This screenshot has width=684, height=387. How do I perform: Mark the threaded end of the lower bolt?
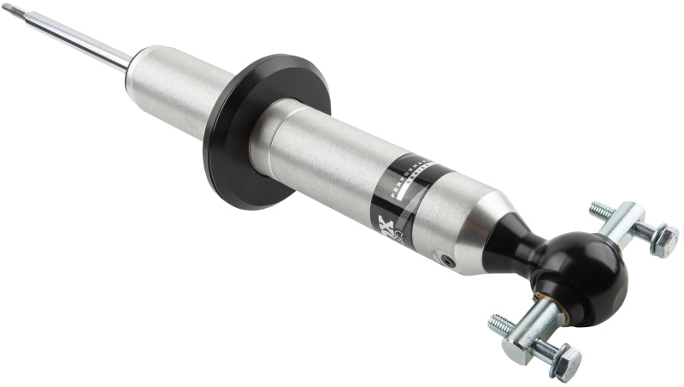click(x=501, y=324)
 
